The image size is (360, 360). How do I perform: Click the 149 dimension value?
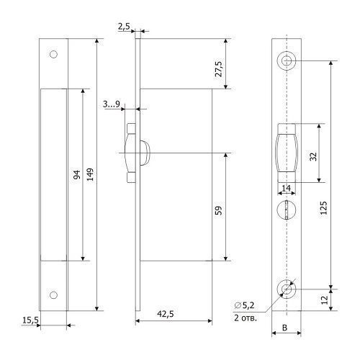[90, 174]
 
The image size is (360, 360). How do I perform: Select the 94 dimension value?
[77, 175]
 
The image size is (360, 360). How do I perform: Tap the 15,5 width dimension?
[30, 320]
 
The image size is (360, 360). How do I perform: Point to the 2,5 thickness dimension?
[124, 27]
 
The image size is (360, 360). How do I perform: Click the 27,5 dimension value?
[219, 69]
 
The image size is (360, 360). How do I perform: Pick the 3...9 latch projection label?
[112, 104]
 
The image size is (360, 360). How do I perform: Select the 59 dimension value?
[219, 210]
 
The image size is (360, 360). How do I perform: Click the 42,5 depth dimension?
[166, 314]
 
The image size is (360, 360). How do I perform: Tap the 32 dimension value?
[313, 157]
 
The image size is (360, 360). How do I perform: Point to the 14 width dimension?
[286, 188]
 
